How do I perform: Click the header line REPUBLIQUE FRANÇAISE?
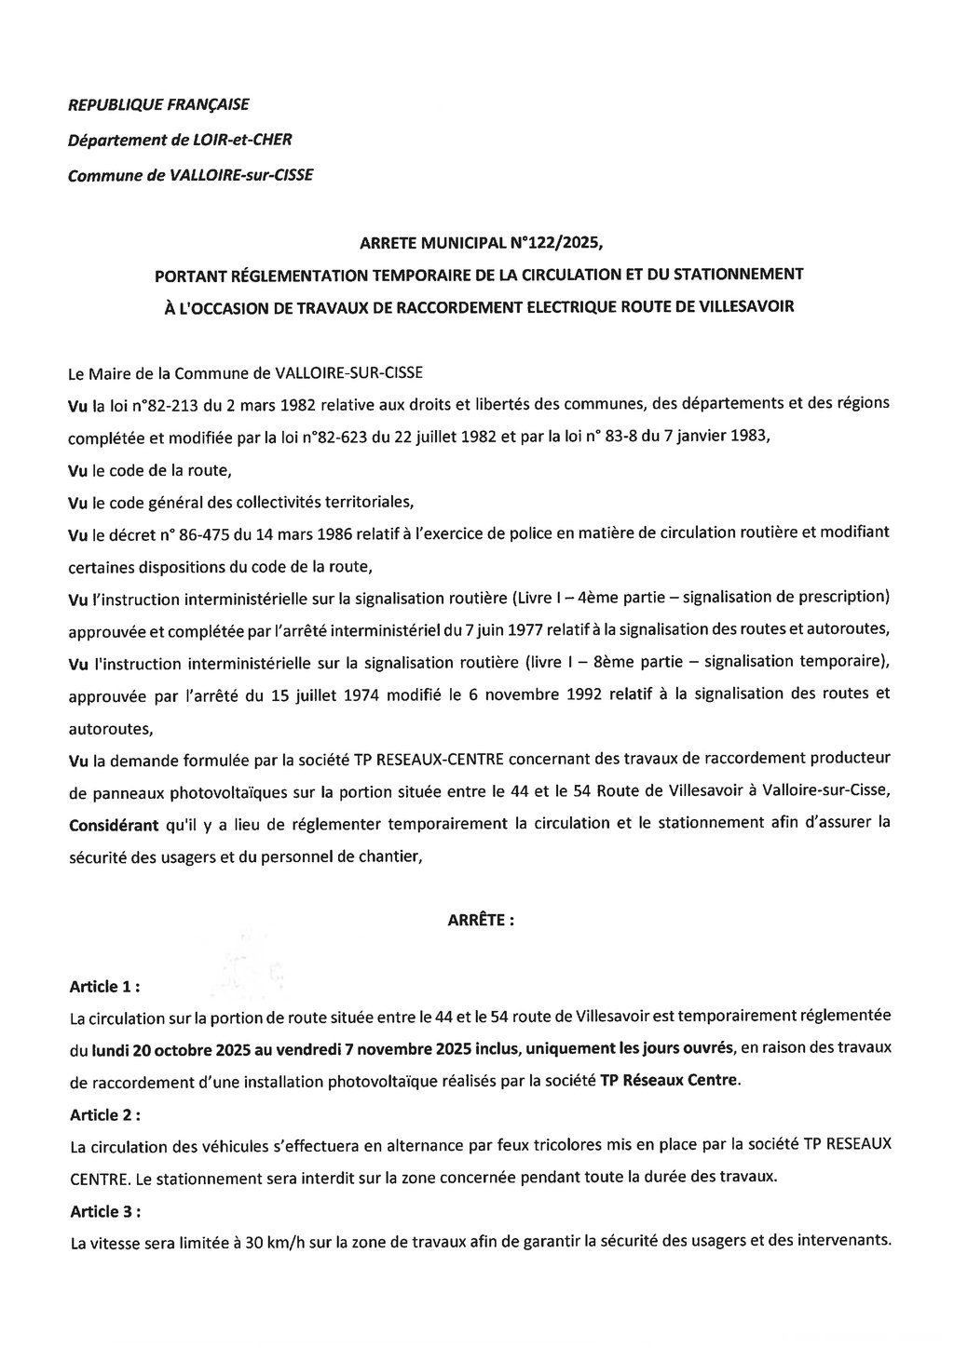click(159, 105)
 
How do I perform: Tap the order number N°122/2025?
click(556, 246)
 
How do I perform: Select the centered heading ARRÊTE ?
click(482, 920)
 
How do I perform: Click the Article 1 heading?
click(105, 986)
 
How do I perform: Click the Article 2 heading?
click(105, 1113)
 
